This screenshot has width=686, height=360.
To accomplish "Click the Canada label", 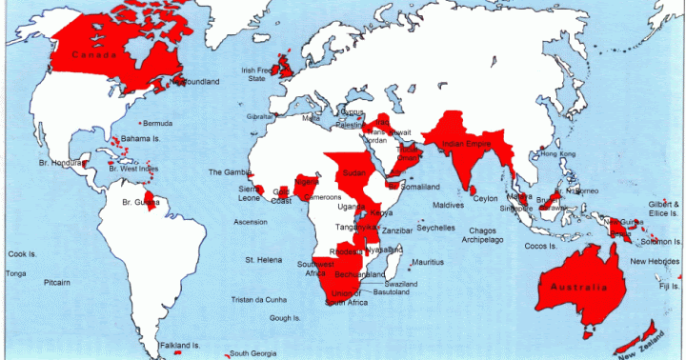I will pos(94,54).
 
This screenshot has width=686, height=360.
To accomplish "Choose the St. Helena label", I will pos(263,259).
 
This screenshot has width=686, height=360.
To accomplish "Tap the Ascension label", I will pos(250,222).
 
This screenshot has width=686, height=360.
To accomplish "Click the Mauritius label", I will pos(428,262).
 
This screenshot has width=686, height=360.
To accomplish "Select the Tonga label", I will pos(16,273).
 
